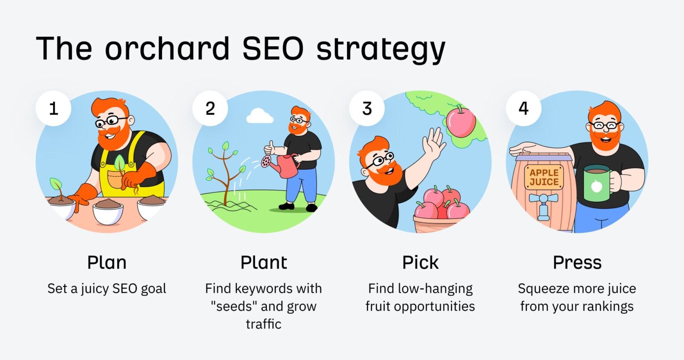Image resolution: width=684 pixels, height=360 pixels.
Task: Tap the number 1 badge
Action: point(53,108)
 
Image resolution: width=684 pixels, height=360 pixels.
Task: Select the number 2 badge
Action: point(210,108)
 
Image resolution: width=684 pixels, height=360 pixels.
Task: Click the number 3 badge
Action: point(367,108)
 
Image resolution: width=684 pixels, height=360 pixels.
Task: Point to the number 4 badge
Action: point(524,108)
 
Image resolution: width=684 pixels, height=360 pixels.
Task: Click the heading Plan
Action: point(107,262)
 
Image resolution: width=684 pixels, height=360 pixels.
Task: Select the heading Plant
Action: point(264,262)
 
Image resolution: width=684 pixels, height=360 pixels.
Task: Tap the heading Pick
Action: point(420,262)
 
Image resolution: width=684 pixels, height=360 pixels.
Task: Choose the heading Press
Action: point(577,262)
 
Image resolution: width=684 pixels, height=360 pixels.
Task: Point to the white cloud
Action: point(260,116)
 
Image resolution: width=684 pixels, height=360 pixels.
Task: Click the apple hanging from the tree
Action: point(460,121)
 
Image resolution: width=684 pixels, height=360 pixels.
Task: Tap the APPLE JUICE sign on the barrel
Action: point(544,177)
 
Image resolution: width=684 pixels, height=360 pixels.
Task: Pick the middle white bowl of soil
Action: point(107,212)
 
